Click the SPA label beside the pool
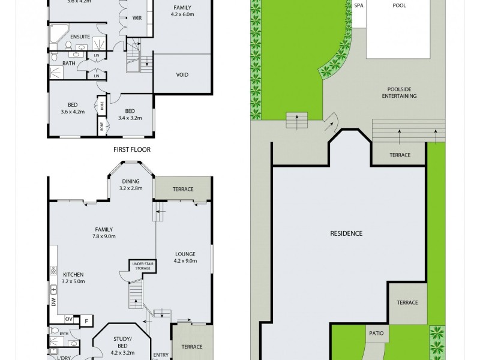(x=359, y=5)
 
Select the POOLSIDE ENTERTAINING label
(x=394, y=92)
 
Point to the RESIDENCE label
(x=347, y=233)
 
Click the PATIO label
(x=377, y=333)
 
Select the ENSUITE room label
(x=80, y=37)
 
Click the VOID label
(x=182, y=76)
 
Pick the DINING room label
(x=131, y=181)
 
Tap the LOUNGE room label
(x=185, y=254)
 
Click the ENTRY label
(x=160, y=355)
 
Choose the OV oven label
(x=68, y=319)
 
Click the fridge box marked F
(x=85, y=320)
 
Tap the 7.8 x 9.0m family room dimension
(x=104, y=236)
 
